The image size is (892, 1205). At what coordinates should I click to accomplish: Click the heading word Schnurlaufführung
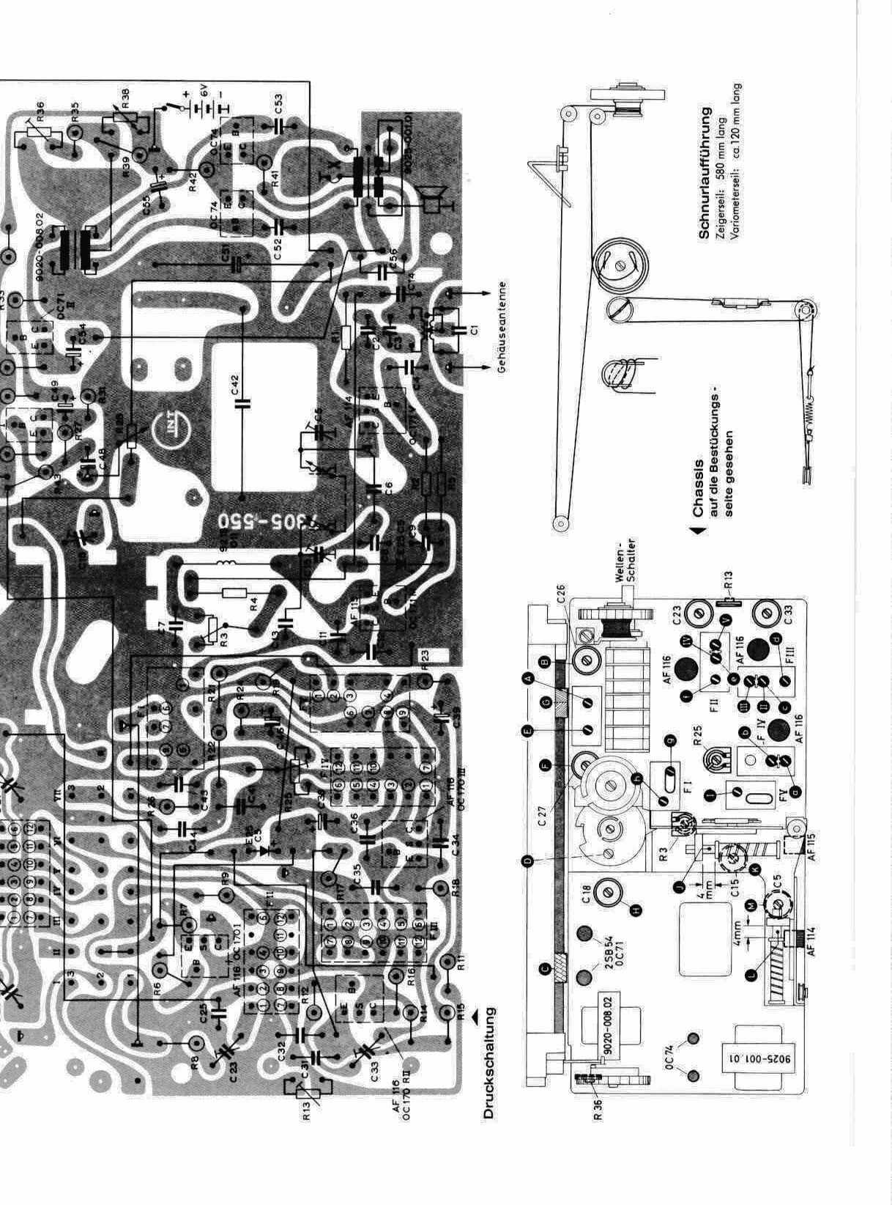click(x=705, y=173)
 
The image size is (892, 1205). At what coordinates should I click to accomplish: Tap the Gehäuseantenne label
click(x=502, y=328)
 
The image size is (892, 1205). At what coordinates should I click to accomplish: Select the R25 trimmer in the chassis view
click(x=708, y=757)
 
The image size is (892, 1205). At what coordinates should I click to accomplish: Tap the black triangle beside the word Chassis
click(x=702, y=528)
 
